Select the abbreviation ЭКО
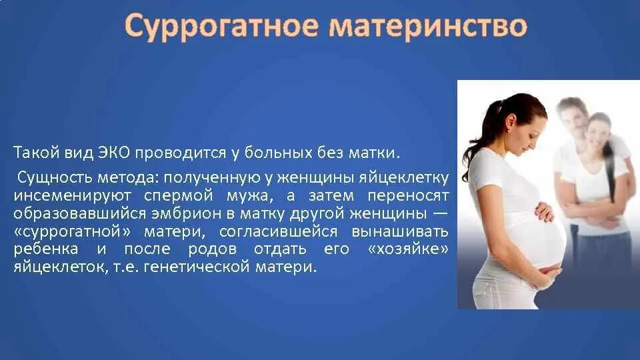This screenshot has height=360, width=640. (x=113, y=153)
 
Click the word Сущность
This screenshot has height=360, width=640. (x=54, y=178)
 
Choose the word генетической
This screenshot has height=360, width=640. (x=229, y=267)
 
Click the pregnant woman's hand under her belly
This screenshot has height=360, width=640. (x=549, y=272)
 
